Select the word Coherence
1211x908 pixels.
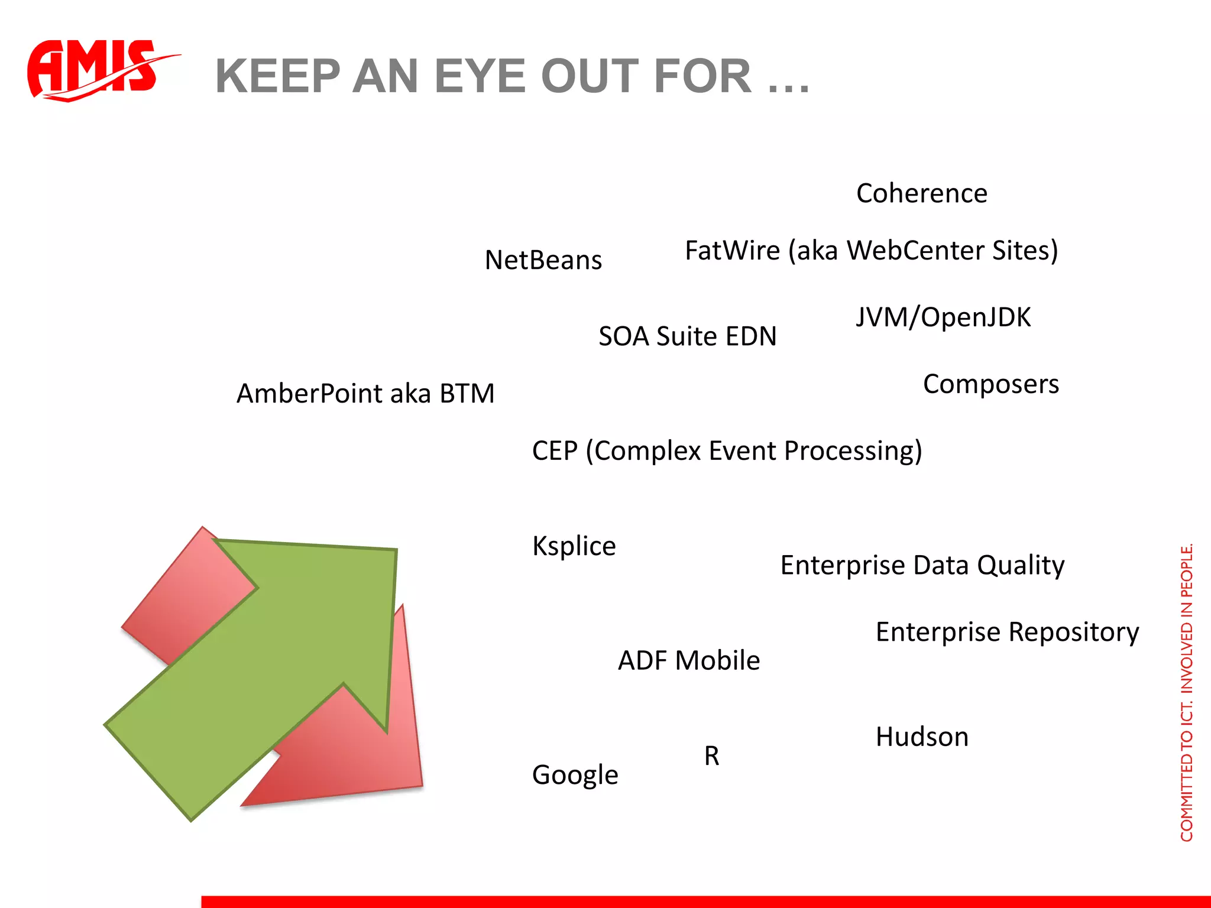click(x=921, y=194)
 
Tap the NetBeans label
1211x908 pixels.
click(x=543, y=261)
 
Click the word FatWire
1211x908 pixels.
click(x=732, y=251)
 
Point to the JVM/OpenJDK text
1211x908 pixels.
click(x=943, y=317)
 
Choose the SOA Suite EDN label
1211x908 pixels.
click(x=687, y=336)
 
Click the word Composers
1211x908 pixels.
click(x=990, y=384)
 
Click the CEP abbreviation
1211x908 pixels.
click(x=554, y=451)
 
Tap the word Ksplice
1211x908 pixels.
click(x=574, y=546)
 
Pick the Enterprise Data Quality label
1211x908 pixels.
click(x=922, y=566)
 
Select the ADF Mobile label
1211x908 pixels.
click(x=688, y=661)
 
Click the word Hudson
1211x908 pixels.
click(x=921, y=737)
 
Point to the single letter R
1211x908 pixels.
click(x=711, y=756)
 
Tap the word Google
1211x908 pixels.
click(x=575, y=775)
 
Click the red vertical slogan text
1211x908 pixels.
click(x=1186, y=692)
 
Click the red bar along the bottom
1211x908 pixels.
click(x=704, y=901)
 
